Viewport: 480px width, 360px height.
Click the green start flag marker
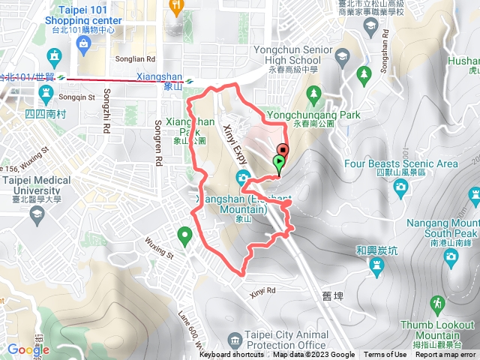[279, 162]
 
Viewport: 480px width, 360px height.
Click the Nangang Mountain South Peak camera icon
[451, 256]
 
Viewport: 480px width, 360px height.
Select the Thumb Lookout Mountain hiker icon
[437, 303]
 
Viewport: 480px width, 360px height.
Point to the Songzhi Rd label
[106, 112]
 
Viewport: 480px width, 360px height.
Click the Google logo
[28, 349]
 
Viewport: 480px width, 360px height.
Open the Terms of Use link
[385, 355]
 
